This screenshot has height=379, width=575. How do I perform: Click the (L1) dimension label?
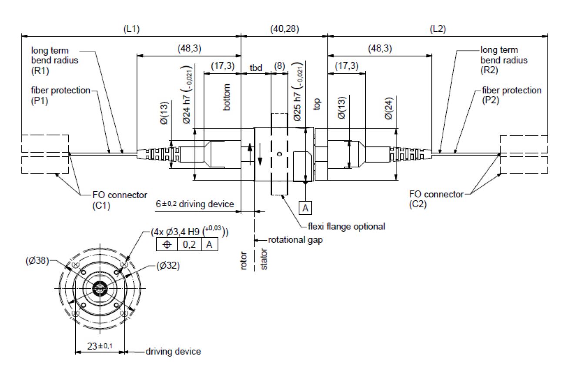tap(131, 29)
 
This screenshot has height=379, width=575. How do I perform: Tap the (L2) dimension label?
tap(438, 29)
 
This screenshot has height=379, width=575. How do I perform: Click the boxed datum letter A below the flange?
tap(305, 208)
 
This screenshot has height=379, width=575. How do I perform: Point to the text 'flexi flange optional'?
tap(346, 226)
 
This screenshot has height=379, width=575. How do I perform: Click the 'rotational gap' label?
tap(295, 240)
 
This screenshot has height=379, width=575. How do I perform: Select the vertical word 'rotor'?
tap(244, 260)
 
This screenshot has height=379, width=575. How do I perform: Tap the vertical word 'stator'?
tap(264, 259)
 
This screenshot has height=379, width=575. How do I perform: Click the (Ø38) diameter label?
tap(37, 261)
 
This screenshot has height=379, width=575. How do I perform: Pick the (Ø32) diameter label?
tap(168, 266)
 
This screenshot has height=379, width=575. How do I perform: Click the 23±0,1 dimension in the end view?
tap(100, 346)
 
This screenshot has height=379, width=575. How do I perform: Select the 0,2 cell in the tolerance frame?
tap(189, 244)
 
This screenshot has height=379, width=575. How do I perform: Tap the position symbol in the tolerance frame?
tap(167, 244)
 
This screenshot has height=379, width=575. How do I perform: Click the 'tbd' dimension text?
tap(256, 68)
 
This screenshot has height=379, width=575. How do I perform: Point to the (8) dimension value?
tap(280, 66)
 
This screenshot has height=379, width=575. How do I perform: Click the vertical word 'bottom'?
tap(227, 97)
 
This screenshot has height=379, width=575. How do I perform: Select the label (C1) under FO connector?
tap(101, 206)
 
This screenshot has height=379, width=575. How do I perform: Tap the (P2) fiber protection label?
tap(491, 100)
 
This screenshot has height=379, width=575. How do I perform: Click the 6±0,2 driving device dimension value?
tap(166, 204)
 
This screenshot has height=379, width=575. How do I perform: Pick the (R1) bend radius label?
tap(40, 70)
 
